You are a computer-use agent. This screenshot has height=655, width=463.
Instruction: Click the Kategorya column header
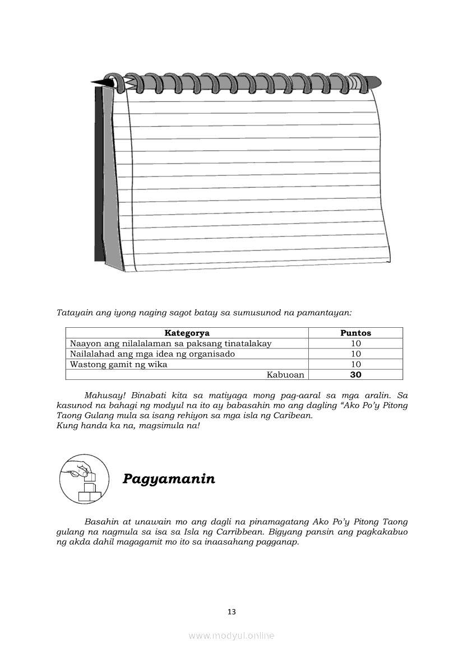pos(187,333)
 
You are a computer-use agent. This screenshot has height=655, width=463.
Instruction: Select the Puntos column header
pos(355,333)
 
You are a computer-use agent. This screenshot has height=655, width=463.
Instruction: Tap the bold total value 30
pos(355,375)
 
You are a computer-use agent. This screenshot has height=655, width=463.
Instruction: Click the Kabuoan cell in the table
pos(285,375)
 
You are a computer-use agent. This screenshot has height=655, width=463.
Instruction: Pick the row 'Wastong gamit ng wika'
pos(118,364)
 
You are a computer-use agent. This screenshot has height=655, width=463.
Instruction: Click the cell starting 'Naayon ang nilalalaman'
pos(170,343)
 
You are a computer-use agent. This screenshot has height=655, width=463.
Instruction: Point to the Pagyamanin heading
pos(169,479)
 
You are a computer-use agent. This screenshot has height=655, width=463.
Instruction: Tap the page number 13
pos(231,612)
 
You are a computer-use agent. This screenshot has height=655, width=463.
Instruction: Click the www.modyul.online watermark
pos(231,635)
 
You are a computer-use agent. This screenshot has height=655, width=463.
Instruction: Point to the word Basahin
pos(101,522)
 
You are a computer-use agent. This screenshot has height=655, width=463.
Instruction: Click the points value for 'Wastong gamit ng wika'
pos(355,364)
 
